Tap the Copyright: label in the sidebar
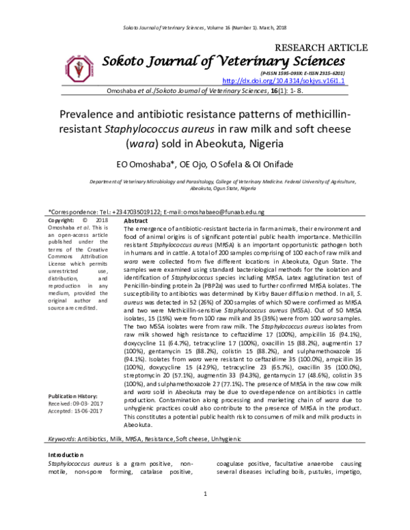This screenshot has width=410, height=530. click(62, 221)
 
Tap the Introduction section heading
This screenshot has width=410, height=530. click(66, 455)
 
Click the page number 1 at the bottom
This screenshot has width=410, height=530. click(205, 513)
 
